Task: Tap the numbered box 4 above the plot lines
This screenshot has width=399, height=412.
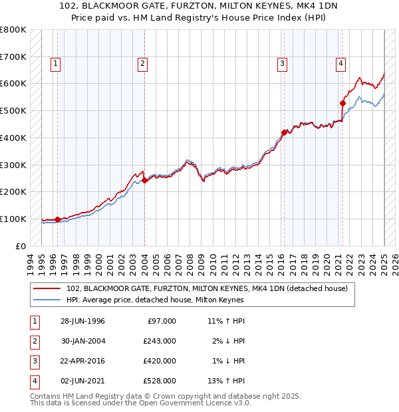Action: click(340, 64)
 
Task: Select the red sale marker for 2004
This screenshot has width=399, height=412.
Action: click(144, 180)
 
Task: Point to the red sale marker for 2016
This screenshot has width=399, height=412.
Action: click(284, 132)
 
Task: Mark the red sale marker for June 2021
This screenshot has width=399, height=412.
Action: click(343, 103)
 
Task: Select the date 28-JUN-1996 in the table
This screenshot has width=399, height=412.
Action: click(82, 321)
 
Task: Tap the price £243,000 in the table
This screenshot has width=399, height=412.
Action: click(159, 341)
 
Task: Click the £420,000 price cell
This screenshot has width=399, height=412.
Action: click(159, 361)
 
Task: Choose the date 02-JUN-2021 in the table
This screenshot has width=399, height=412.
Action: click(82, 381)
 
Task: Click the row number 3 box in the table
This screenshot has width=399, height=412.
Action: click(33, 361)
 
